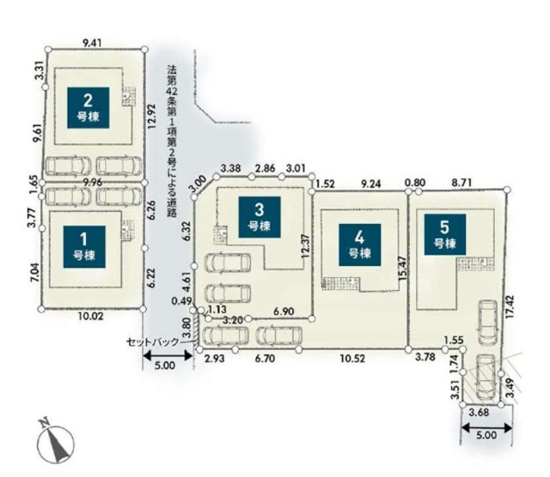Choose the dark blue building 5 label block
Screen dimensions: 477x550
point(443,234)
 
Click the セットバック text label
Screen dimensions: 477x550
point(153,341)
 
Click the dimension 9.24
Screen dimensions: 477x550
point(372,183)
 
